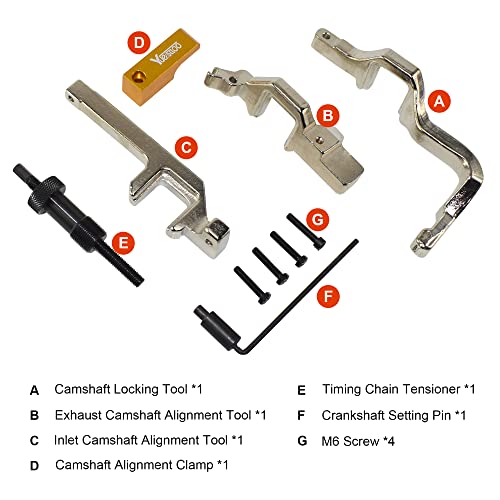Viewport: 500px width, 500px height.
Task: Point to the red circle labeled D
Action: [139, 43]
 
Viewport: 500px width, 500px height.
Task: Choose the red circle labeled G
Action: [315, 218]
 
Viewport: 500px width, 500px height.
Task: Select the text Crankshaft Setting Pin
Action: [394, 414]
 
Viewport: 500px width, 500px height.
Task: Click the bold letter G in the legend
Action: [301, 439]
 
